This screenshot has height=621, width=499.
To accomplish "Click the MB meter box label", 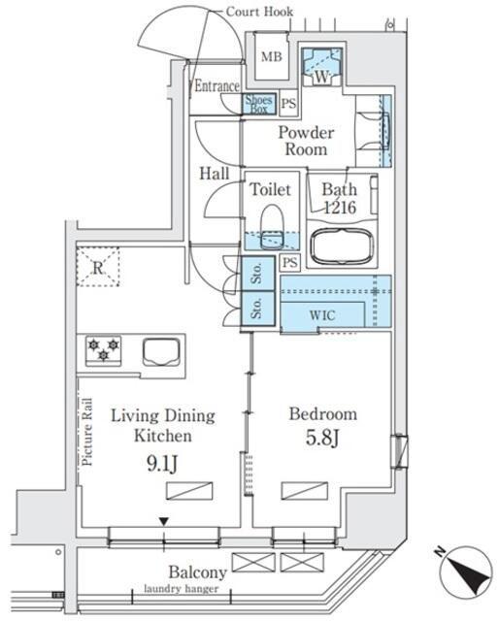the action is coord(272,56).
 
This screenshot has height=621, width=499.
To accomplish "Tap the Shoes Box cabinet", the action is coord(259,105).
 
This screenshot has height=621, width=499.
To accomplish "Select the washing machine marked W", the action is coord(321,67).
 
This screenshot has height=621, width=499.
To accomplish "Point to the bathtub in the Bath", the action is coord(342,246).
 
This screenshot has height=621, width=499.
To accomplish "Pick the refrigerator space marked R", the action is coord(97,267).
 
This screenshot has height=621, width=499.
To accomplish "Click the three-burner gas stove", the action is coord(103,350).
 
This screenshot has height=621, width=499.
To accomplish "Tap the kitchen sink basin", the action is coord(161,351).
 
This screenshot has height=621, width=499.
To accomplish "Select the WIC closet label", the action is coord(322,315).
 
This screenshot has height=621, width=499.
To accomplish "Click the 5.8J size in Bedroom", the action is coord(322,438).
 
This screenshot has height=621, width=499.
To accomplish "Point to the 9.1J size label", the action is coord(162,463).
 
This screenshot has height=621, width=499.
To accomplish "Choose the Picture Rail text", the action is coord(87,432).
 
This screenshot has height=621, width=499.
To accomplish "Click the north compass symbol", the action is coord(466,572).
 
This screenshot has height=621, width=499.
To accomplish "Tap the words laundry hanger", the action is coord(182,589).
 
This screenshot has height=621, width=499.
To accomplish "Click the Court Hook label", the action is coord(259,12).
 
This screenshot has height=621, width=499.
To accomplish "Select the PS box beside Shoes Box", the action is coord(288,104).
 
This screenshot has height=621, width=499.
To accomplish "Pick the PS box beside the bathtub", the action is coord(290,262).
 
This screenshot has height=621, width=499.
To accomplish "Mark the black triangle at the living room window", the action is coord(164,522).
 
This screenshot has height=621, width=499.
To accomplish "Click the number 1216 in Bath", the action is coord(340,207).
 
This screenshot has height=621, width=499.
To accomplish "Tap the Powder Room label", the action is coord(306,141).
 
